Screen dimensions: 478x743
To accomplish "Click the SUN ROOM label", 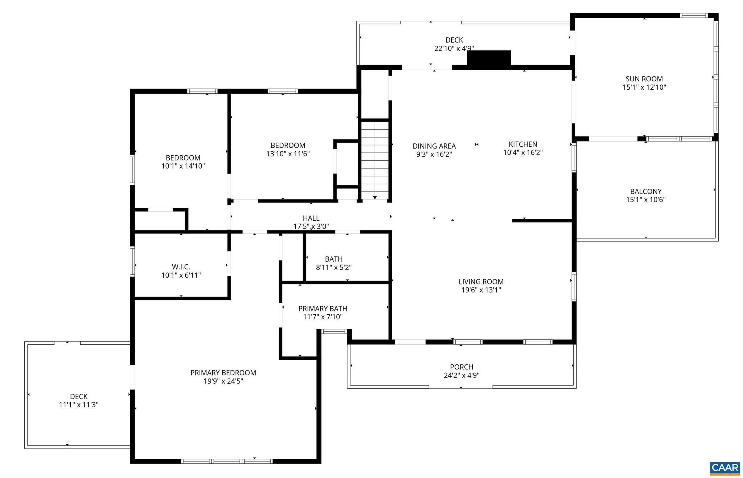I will pos(644,79).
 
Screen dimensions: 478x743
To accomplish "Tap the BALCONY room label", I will pos(646,191).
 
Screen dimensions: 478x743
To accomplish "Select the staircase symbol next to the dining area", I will pos(375,160).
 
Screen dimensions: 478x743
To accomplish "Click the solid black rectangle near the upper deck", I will pos(489,58).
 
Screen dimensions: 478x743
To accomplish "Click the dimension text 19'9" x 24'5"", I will pos(223,381).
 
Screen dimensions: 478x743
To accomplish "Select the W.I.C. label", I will pos(181,267).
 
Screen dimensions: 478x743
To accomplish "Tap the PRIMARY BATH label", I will pos(323,309).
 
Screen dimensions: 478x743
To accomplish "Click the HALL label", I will pos(311,218).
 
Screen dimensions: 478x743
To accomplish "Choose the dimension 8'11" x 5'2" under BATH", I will pos(333,268).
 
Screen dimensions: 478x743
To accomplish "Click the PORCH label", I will pos(461,367).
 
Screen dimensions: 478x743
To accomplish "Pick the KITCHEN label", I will pos(523,144).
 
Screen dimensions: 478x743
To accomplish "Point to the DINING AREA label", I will pos(434,146).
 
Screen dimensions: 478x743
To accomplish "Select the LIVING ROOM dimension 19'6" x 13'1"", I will pos(481,290).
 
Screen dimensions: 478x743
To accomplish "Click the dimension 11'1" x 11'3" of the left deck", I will pos(79,405).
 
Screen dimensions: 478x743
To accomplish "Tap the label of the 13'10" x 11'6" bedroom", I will pos(288,146).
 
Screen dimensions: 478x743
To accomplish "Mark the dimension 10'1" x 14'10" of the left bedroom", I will pos(183,166).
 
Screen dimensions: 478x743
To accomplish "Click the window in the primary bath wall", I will pos(334,331).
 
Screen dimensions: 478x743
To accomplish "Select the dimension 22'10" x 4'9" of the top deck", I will pos(454,48).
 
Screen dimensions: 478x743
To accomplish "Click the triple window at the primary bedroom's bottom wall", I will pos(226,461).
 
